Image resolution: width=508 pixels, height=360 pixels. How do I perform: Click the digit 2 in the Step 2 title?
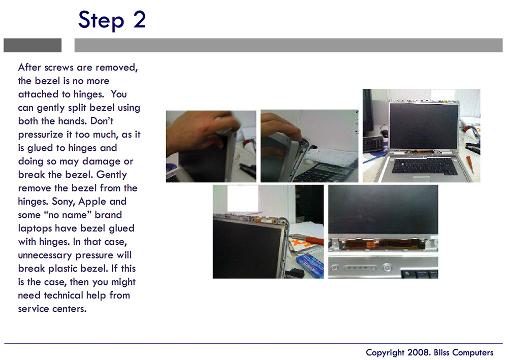tap(139, 19)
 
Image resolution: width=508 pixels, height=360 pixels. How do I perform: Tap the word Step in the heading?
tap(101, 20)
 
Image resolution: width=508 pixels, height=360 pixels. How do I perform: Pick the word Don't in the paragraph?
tap(102, 121)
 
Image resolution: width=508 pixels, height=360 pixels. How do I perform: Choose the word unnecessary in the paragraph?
tap(45, 255)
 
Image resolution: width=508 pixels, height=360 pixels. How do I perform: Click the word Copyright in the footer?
tap(386, 352)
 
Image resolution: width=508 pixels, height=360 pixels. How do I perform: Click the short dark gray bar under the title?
tap(33, 45)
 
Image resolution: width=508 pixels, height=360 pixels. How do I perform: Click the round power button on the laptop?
tap(387, 268)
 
